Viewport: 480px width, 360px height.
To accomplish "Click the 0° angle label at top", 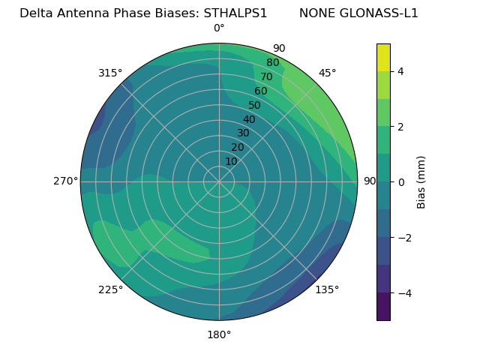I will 219,28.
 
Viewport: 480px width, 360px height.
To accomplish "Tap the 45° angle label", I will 328,73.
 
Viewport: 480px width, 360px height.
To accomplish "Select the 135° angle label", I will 327,289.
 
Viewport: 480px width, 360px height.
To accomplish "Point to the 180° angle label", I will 219,334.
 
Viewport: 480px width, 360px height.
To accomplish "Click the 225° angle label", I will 110,289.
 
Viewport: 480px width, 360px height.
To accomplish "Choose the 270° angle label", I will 65,181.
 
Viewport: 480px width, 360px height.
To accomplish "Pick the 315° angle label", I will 110,73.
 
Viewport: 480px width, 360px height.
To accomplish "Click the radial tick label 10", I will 231,161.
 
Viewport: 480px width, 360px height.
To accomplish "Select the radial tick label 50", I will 255,105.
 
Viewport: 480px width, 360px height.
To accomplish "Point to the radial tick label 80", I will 273,63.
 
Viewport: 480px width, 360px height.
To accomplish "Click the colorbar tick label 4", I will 401,71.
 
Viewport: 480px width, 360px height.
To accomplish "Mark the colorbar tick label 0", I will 401,182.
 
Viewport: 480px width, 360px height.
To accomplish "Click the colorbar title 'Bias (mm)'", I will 421,182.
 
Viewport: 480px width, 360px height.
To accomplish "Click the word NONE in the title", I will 315,13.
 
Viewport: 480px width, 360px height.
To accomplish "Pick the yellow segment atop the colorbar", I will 383,57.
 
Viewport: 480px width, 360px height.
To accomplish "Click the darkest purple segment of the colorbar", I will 383,307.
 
